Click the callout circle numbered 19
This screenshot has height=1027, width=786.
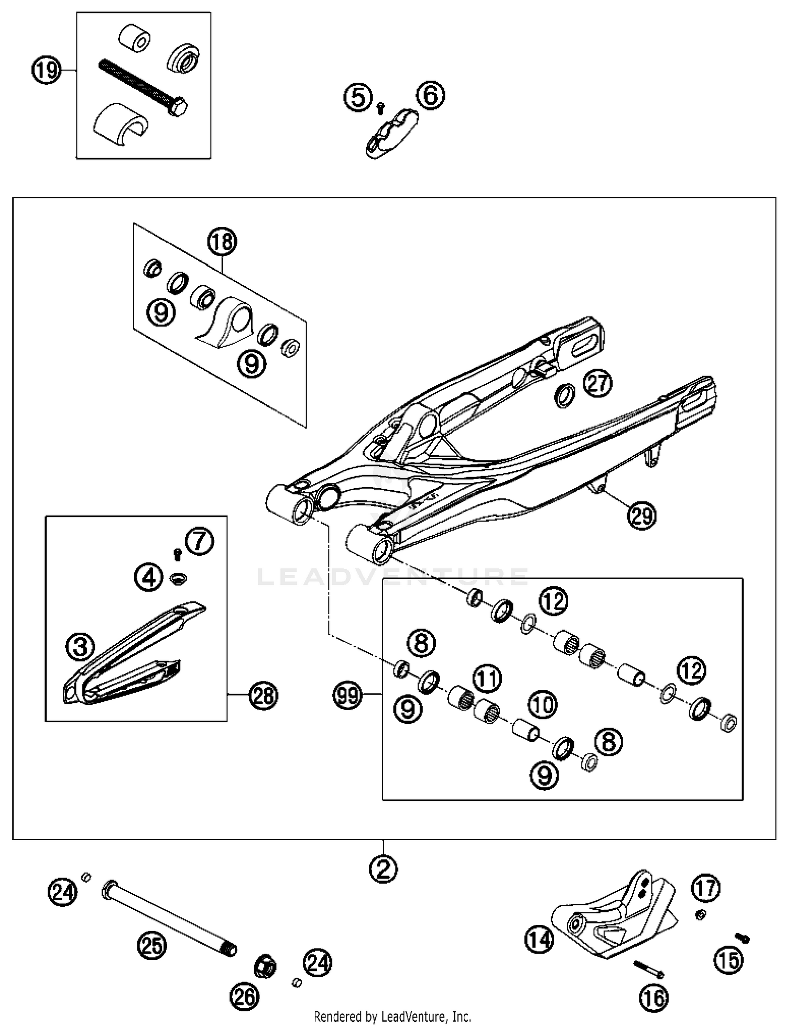click(47, 70)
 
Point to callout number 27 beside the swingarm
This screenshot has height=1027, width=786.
click(598, 383)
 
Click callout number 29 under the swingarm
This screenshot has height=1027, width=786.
click(641, 516)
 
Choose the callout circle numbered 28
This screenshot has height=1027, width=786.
click(263, 696)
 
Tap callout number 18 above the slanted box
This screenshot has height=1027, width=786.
click(222, 242)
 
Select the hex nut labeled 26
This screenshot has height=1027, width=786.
click(265, 965)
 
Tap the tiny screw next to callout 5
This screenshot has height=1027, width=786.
click(381, 107)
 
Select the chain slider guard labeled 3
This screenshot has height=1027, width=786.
click(131, 655)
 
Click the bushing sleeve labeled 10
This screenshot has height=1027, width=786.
click(526, 730)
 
